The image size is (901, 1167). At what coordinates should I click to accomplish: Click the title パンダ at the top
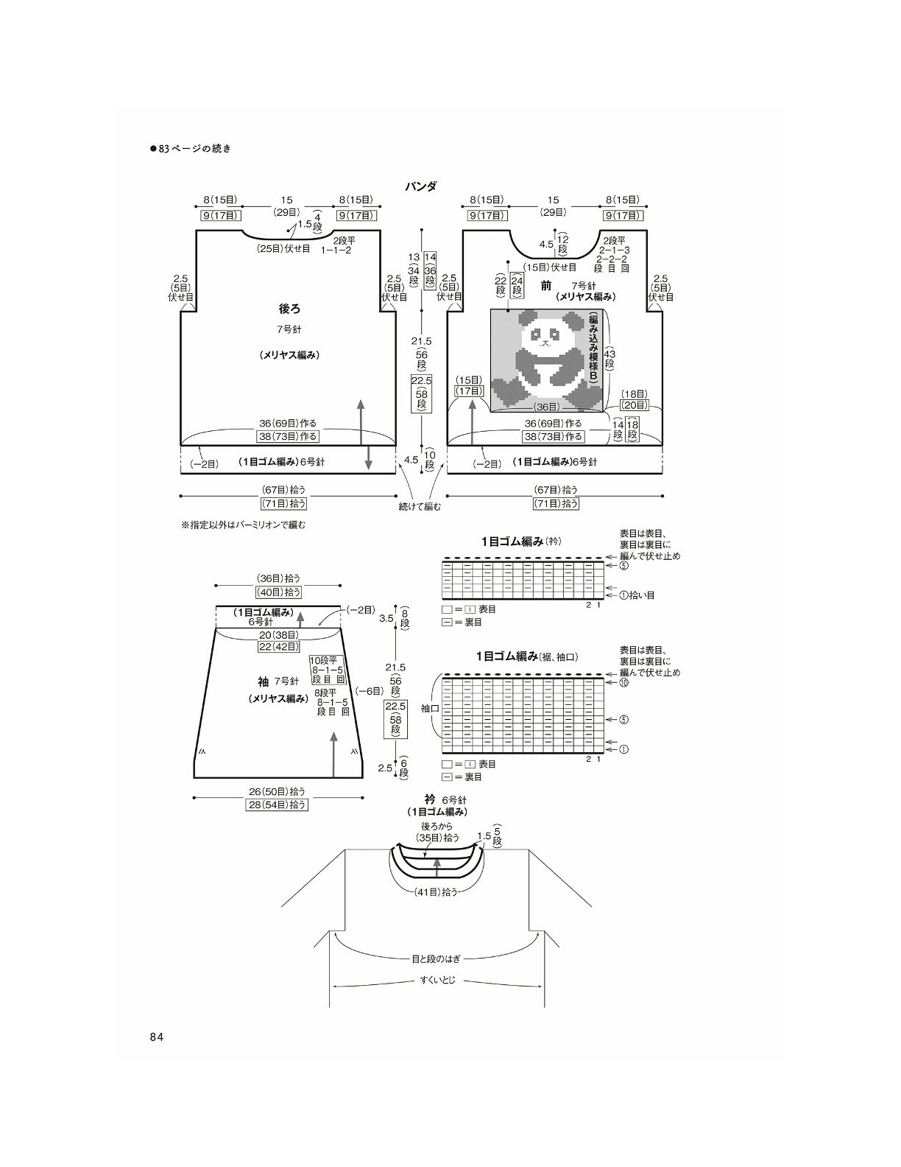(421, 186)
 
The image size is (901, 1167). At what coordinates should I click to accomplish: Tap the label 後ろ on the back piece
(289, 309)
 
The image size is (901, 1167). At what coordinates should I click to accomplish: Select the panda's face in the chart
(543, 336)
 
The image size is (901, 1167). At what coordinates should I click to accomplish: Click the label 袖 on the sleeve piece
(263, 681)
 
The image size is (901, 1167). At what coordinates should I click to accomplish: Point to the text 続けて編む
(419, 506)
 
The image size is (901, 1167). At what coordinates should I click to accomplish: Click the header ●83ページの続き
(191, 149)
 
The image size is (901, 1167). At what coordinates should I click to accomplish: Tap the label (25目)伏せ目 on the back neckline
(283, 249)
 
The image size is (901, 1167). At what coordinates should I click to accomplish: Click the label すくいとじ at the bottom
(437, 980)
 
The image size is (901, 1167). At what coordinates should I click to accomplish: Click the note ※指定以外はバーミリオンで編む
(243, 525)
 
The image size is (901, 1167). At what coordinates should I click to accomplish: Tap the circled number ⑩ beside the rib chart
(623, 683)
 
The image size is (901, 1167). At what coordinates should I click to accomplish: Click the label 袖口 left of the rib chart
(430, 708)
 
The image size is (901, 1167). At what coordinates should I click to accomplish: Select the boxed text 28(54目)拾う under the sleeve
(277, 805)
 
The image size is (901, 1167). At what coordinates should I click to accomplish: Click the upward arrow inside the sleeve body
(333, 754)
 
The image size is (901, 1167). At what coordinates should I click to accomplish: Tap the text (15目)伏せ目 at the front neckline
(550, 267)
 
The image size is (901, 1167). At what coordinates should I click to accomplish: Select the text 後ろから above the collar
(437, 826)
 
